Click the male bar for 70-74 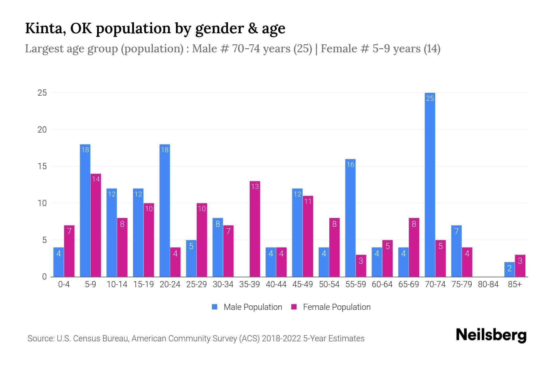point(430,184)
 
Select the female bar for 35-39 point(255,229)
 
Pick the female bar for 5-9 point(96,225)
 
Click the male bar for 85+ point(509,269)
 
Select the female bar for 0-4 point(69,251)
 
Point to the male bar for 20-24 point(165,211)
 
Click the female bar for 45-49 point(308,236)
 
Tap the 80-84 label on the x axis point(488,284)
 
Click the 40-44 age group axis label point(276,284)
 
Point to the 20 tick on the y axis point(42,130)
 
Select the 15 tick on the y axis point(42,166)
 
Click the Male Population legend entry point(247,307)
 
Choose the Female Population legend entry point(331,307)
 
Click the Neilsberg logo point(491,335)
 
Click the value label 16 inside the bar point(350,165)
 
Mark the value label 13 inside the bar point(255,186)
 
